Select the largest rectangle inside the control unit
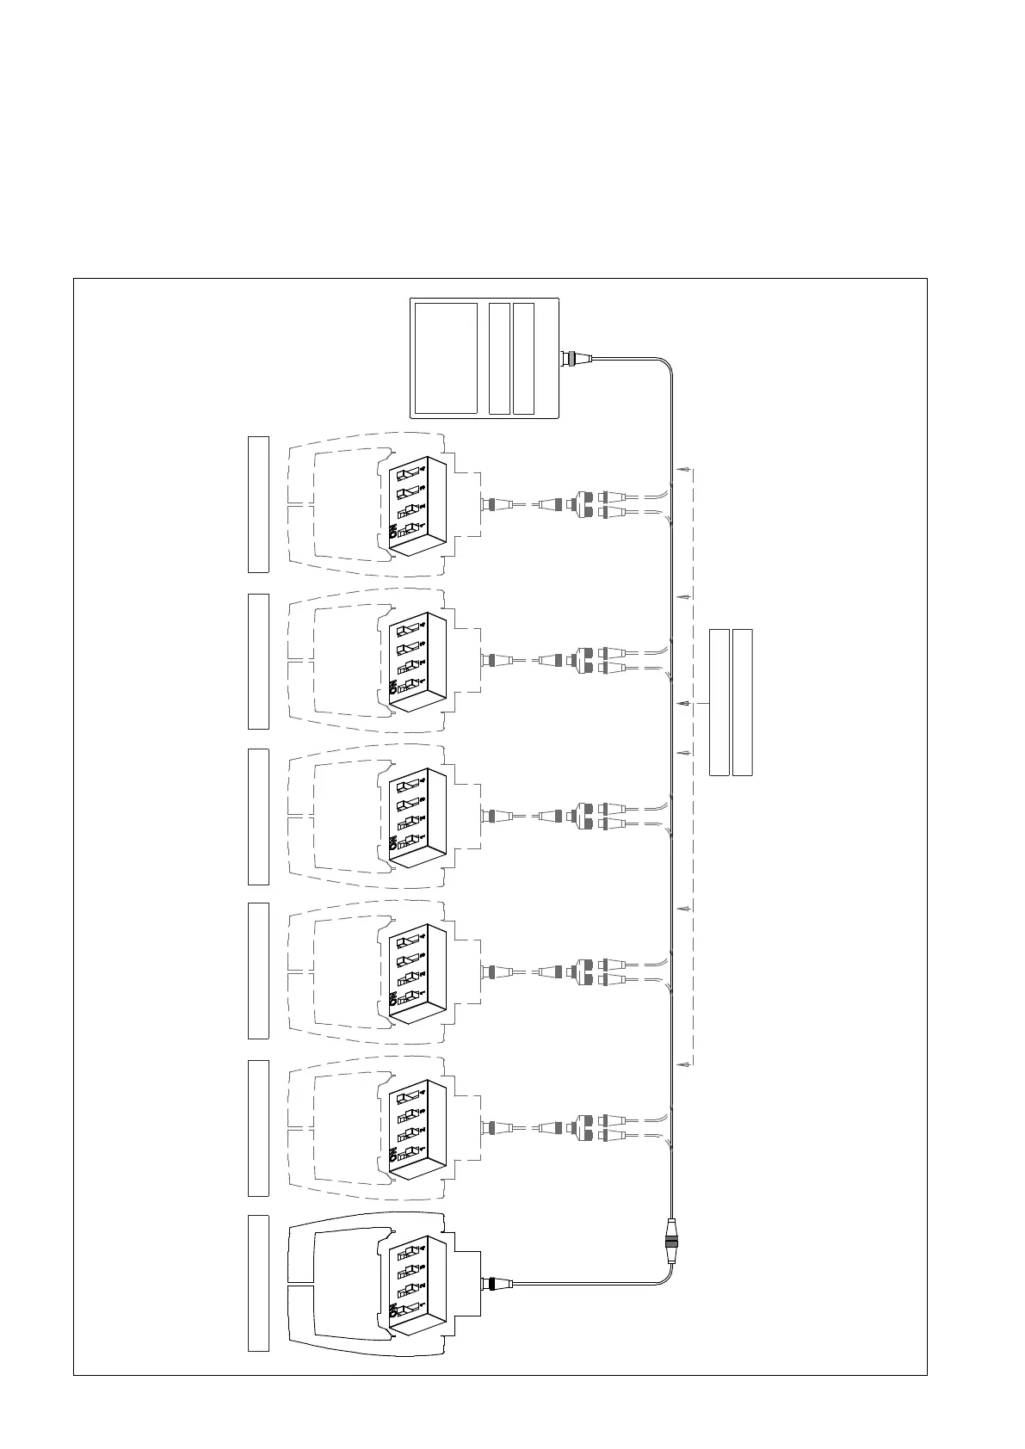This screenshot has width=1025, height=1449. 446,358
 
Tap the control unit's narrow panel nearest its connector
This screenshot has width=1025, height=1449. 523,358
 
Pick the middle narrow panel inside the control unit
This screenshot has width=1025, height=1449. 499,358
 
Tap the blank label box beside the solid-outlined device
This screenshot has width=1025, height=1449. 258,1283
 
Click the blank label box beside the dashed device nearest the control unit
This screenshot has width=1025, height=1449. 258,504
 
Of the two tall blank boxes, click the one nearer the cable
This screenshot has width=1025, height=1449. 719,702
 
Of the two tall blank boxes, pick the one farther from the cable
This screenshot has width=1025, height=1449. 743,702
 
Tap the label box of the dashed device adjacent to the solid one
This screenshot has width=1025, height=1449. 258,1127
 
